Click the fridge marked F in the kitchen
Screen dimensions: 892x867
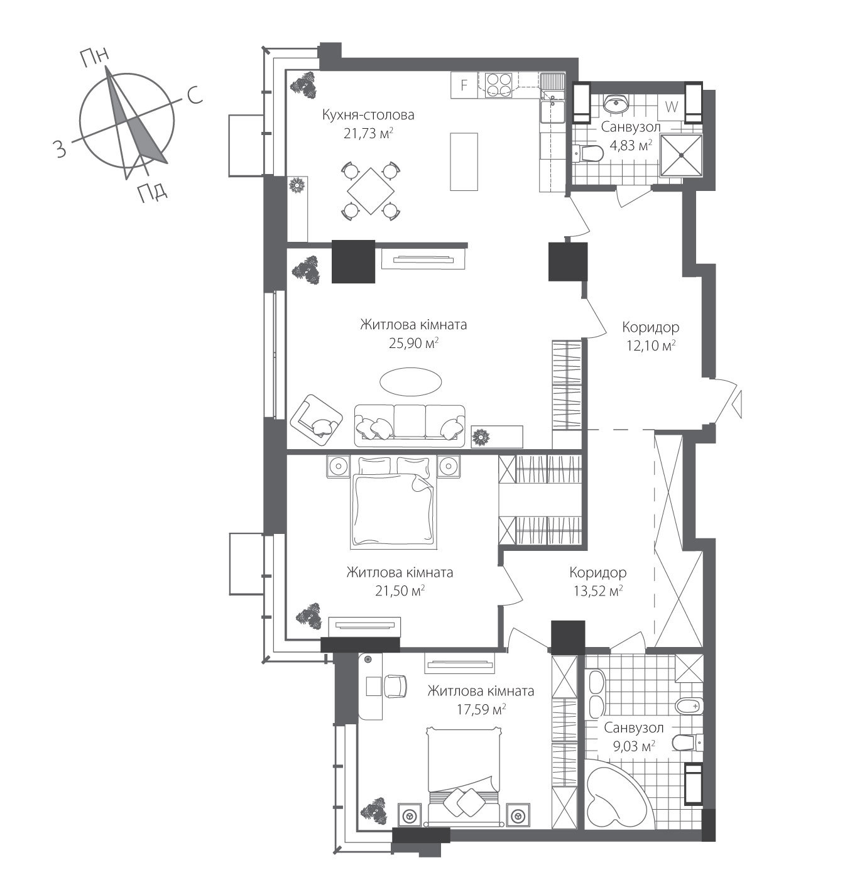coord(464,85)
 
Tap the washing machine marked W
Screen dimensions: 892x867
coord(671,107)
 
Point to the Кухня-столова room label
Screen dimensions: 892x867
coord(368,115)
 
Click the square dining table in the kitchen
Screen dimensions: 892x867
coord(371,190)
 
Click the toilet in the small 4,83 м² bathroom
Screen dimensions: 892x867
coord(587,153)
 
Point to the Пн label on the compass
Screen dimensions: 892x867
coord(94,58)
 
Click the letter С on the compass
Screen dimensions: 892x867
coord(194,95)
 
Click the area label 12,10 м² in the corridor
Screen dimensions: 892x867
coord(650,345)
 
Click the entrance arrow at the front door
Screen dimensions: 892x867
coord(738,402)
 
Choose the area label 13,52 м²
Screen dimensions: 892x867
coord(597,590)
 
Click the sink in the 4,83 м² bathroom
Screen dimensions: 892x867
coord(616,102)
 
